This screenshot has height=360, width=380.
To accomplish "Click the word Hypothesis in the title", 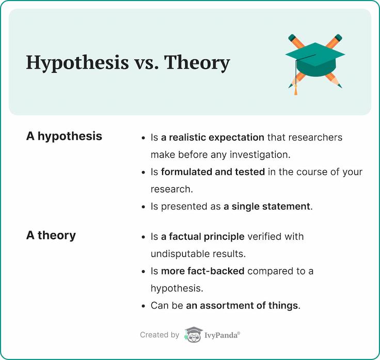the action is pos(77,63).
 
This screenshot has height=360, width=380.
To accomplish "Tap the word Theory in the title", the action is pos(197,63).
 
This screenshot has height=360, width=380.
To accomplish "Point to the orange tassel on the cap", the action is pos(296,90).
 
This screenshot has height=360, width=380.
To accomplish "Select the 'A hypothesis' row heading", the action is pos(64,136).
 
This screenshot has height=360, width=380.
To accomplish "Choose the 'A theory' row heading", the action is pos(51,235).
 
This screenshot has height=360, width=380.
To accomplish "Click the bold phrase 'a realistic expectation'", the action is pos(213,138).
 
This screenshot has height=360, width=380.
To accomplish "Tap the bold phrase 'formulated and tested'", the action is pos(213,172).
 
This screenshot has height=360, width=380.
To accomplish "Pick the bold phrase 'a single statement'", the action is pos(267,206).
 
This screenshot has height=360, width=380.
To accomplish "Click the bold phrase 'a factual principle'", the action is pos(202,237).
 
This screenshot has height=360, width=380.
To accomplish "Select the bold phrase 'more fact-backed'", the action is pos(202,271).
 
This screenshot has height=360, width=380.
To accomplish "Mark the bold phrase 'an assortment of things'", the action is pos(242,305).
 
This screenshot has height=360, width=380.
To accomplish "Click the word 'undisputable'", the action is pos(180,254).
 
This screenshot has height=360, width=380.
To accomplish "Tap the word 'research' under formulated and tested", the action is pos(170,189).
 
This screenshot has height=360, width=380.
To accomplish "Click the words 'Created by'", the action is pos(160,335).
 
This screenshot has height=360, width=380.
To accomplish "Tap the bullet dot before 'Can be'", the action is pos(144,306).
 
